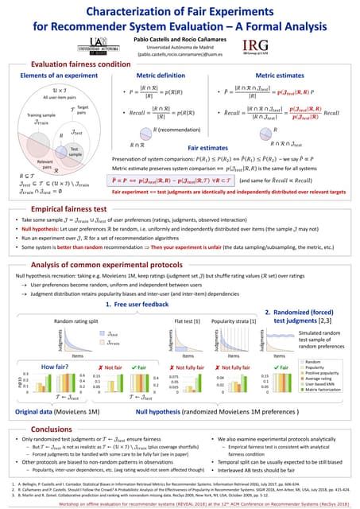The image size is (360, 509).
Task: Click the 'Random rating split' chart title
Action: [76, 319]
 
